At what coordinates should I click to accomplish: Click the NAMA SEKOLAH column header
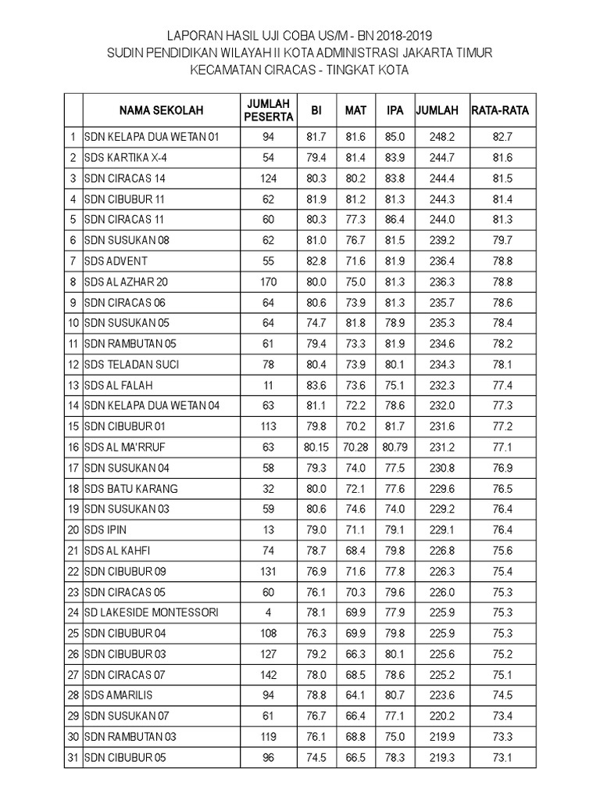coord(161,111)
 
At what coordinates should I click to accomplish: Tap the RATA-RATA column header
coord(500,111)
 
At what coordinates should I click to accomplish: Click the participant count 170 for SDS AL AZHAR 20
coord(269,282)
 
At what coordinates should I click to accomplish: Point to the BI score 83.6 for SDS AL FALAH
coord(316,386)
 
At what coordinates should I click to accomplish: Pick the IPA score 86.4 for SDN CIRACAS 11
coord(395,220)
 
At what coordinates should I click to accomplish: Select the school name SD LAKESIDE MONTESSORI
coord(152,612)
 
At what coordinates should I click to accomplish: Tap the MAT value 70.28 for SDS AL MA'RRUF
coord(355,447)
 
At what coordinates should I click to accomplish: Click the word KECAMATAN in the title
coord(227,70)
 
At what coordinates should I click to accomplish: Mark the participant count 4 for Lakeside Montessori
coord(269,612)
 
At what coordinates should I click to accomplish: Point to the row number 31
coord(73,757)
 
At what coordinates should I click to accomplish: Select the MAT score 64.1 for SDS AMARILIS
coord(355,695)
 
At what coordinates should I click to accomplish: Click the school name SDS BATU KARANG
coord(131,489)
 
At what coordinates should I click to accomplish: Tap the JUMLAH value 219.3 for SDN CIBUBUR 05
coord(442,757)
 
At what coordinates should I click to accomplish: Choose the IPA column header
coord(395,111)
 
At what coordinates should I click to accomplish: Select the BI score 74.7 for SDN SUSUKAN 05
coord(316,323)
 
